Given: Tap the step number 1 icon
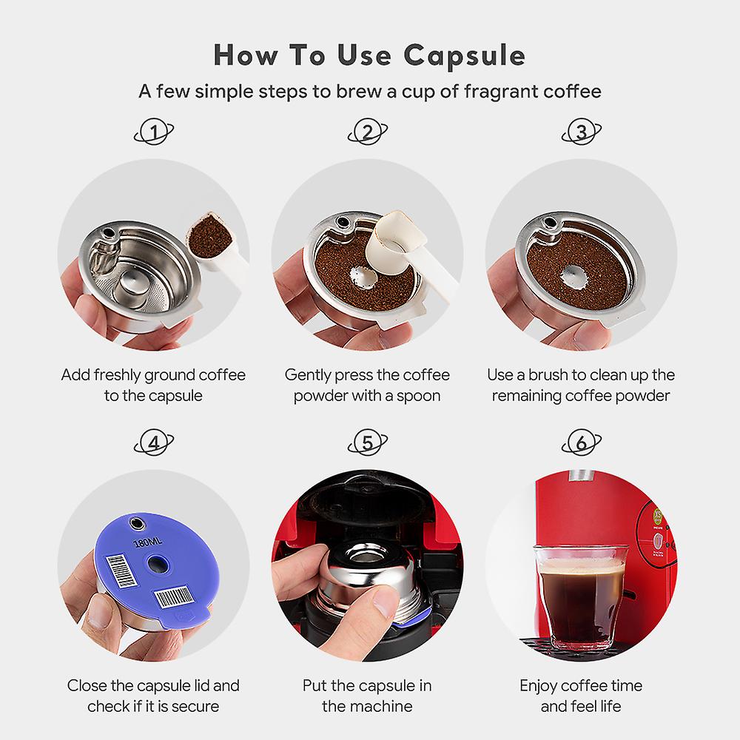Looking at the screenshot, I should coord(154,133).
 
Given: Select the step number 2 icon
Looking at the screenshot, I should coord(368,133).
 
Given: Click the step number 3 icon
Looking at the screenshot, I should coord(582,133).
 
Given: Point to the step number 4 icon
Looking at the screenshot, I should coord(154,443).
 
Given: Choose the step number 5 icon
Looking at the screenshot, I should coord(368,443).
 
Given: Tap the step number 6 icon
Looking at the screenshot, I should coord(582,443).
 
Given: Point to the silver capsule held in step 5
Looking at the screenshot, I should coord(363,585).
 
